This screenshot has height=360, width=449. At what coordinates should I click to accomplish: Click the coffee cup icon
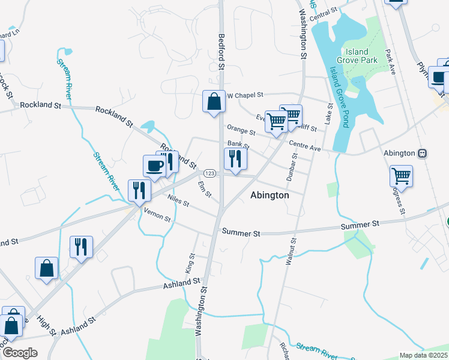coord(154,166)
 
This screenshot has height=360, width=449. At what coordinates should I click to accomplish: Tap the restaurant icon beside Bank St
coord(235,159)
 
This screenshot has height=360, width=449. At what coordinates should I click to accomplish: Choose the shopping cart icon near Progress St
coord(401,176)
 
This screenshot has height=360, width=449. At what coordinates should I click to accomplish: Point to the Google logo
coord(20,353)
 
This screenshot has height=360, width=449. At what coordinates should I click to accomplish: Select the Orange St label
coord(241,129)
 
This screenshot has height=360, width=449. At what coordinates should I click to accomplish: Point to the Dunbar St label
coord(294,167)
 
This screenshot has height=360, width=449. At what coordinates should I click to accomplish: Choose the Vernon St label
coord(157,216)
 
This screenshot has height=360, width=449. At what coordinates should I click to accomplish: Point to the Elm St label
coord(205,190)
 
